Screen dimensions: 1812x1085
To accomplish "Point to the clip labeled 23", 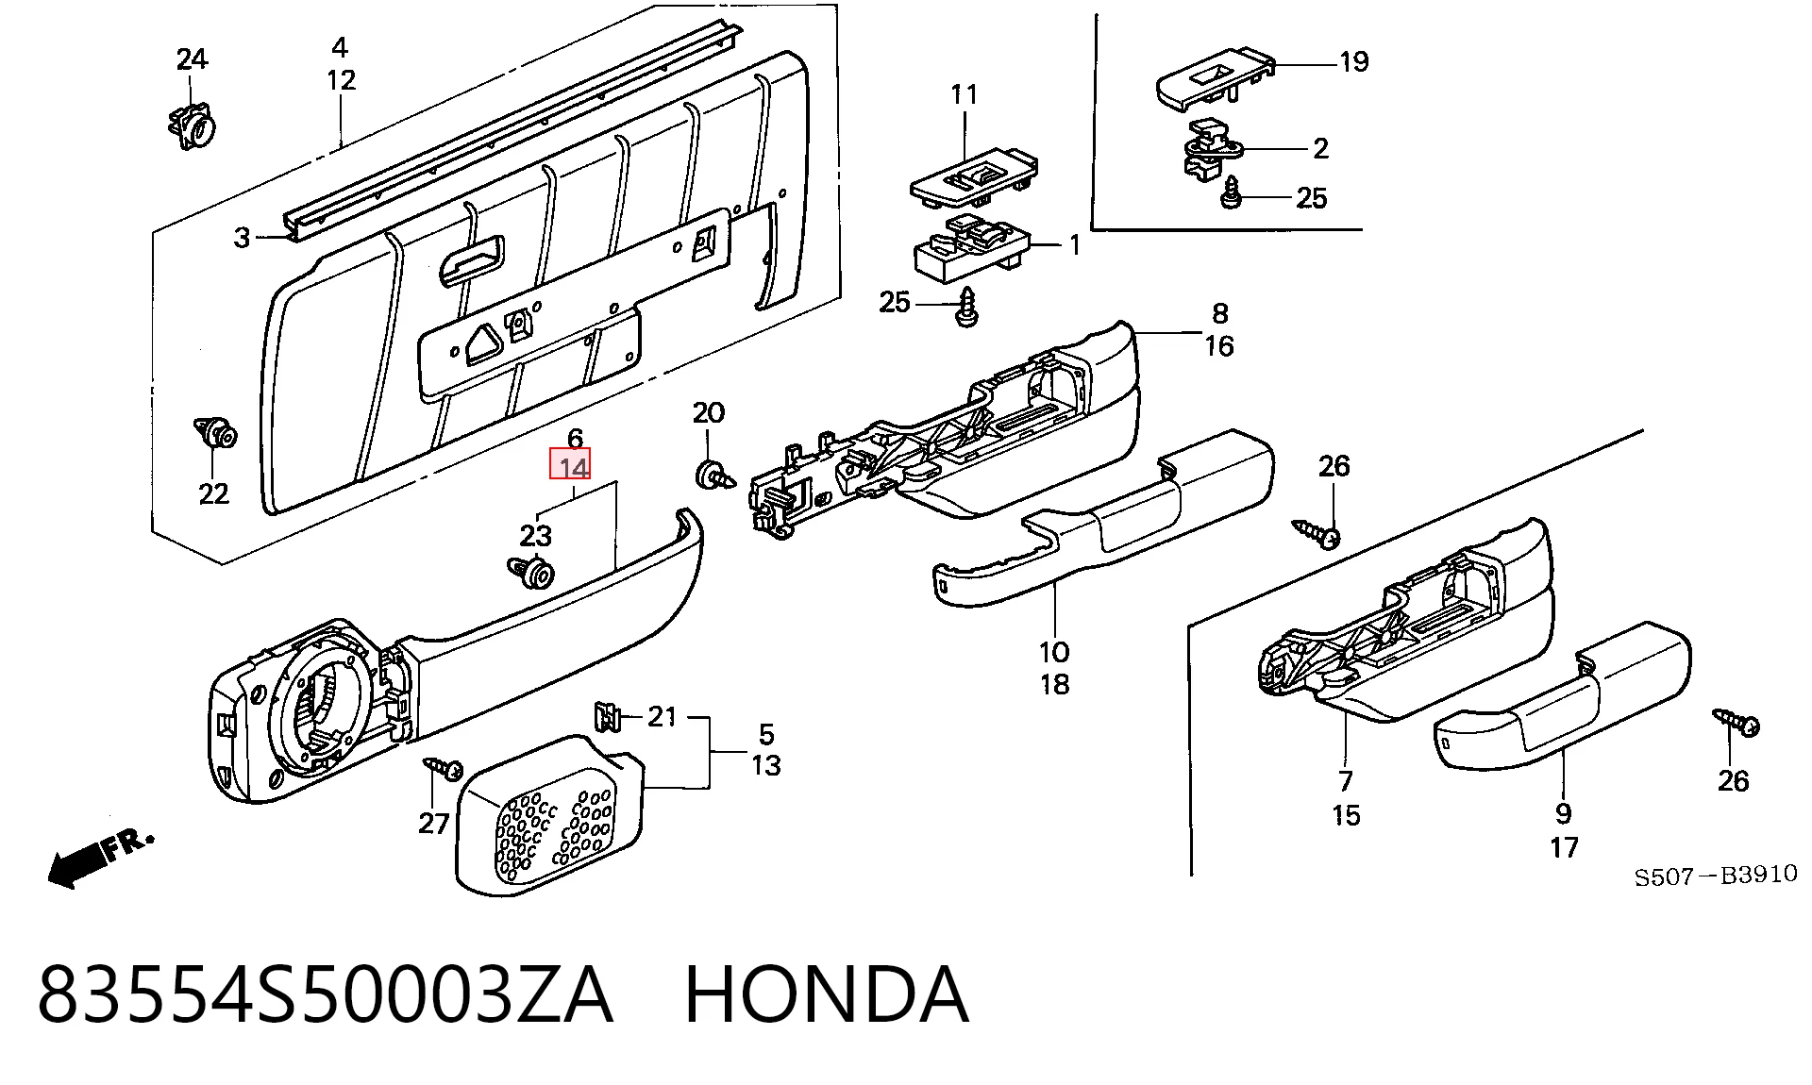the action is click(x=532, y=572).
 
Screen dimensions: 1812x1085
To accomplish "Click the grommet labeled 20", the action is click(x=714, y=475).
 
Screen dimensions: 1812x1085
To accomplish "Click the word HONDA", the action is click(x=826, y=994).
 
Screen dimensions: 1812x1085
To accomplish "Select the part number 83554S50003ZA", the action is click(x=326, y=994).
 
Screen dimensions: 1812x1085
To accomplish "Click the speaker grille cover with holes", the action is click(x=550, y=815).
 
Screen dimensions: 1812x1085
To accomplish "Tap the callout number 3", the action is click(x=243, y=238).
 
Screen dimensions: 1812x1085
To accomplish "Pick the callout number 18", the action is click(x=1054, y=684).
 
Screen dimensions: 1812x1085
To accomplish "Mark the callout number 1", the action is click(x=1074, y=245).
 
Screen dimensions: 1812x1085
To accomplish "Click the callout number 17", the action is click(x=1564, y=847).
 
